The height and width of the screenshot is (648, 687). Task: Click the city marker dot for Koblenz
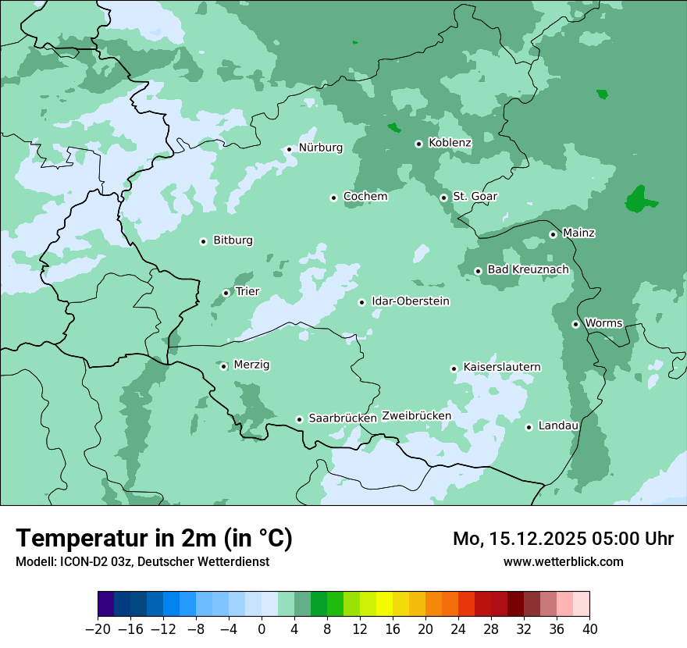[418, 144]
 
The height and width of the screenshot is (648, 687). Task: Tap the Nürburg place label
[320, 148]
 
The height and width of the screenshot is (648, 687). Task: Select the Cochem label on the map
[365, 197]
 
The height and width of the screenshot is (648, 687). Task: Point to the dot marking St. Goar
[443, 198]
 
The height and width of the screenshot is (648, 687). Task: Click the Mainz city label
[578, 233]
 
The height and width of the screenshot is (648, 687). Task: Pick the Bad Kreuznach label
[528, 269]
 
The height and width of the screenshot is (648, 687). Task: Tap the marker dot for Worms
[575, 324]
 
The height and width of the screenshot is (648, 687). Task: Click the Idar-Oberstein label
[410, 301]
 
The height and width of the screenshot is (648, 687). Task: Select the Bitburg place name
[233, 240]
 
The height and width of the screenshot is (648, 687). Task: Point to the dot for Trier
[226, 293]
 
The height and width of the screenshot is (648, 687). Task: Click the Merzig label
[251, 365]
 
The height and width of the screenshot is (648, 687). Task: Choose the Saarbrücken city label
[343, 418]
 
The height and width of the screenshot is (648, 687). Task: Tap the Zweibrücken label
[416, 416]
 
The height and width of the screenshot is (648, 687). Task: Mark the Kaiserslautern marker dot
[454, 369]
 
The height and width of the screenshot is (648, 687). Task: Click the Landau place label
[558, 425]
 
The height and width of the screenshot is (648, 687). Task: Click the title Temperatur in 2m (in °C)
[154, 539]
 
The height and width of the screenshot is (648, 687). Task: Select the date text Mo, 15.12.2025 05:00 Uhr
[563, 539]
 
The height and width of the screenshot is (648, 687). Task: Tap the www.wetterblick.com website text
[563, 561]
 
